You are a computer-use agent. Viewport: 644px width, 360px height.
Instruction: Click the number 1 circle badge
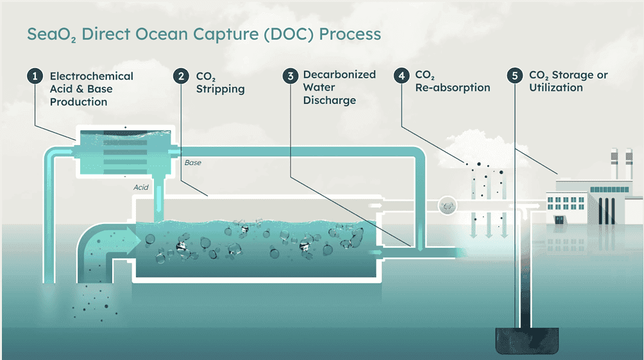click(x=35, y=76)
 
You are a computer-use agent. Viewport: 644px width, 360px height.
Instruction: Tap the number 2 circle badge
click(x=182, y=76)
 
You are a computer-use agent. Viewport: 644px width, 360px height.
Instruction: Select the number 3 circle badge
click(x=291, y=76)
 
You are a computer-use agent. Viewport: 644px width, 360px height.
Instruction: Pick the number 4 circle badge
click(x=402, y=76)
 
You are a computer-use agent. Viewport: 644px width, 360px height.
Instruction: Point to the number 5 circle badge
click(x=514, y=76)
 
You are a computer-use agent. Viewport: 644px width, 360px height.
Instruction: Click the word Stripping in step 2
click(x=221, y=89)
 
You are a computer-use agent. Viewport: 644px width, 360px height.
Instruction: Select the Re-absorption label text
click(x=452, y=87)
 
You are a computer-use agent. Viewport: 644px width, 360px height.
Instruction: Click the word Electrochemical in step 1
click(x=92, y=76)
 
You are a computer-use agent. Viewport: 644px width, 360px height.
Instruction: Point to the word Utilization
click(x=555, y=87)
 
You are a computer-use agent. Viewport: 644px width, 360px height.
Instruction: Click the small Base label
click(x=193, y=163)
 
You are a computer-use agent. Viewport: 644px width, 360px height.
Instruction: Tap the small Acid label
click(x=141, y=187)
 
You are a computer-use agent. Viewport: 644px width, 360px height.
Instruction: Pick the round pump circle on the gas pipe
click(x=446, y=206)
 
